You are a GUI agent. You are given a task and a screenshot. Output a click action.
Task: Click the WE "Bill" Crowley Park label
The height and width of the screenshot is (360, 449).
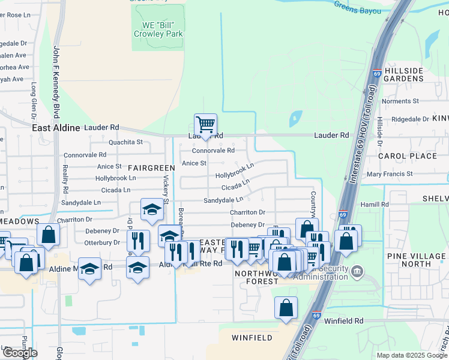click(x=158, y=30)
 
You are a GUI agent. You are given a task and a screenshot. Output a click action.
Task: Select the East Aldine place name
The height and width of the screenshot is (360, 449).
click(x=56, y=128)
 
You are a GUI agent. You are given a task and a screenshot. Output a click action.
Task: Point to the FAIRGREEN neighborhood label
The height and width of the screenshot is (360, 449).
click(x=150, y=168)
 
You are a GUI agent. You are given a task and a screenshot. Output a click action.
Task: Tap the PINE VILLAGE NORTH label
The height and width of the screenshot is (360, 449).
click(x=417, y=260)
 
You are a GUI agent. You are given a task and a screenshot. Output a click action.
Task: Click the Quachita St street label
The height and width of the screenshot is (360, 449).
click(x=125, y=143)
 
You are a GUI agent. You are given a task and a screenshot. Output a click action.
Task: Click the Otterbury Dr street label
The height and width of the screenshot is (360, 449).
click(x=102, y=243)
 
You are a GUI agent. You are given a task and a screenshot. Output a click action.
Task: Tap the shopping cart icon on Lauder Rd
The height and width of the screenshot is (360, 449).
click(x=205, y=124)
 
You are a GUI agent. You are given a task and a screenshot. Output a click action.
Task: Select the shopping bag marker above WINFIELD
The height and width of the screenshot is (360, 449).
click(x=286, y=307)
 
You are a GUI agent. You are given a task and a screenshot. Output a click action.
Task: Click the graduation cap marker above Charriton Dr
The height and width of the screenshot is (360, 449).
click(x=152, y=209)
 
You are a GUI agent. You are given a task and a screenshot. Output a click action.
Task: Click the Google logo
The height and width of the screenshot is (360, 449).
click(x=20, y=353)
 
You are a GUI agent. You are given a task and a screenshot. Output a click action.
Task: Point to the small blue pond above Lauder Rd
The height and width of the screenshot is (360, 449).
click(x=295, y=118)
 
